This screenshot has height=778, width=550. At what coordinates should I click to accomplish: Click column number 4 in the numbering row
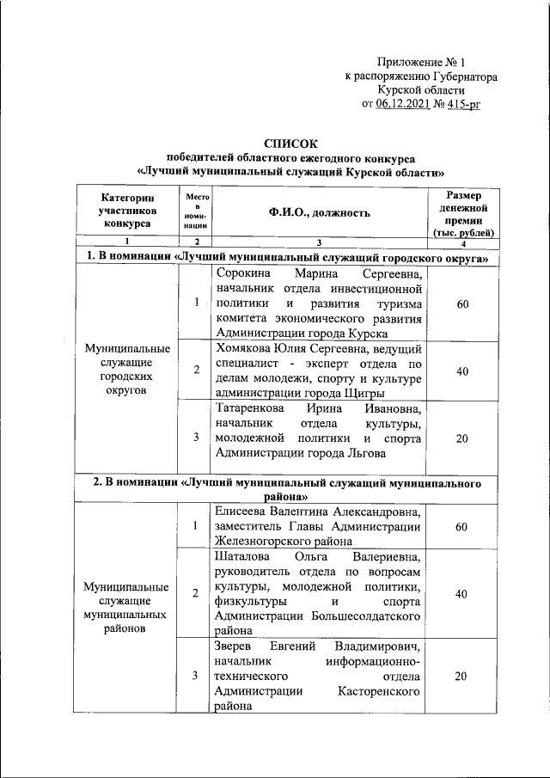pyautogui.click(x=464, y=242)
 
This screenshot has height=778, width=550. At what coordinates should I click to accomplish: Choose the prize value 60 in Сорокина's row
pyautogui.click(x=461, y=303)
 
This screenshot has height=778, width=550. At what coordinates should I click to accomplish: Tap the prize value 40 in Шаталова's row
pyautogui.click(x=461, y=594)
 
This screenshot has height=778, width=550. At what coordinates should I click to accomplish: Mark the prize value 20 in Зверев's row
pyautogui.click(x=461, y=677)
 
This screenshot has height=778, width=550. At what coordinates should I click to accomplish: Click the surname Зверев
pyautogui.click(x=235, y=646)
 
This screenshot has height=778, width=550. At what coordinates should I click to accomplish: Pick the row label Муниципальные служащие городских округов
pyautogui.click(x=126, y=369)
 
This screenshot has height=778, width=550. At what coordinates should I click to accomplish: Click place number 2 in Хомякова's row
pyautogui.click(x=196, y=370)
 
